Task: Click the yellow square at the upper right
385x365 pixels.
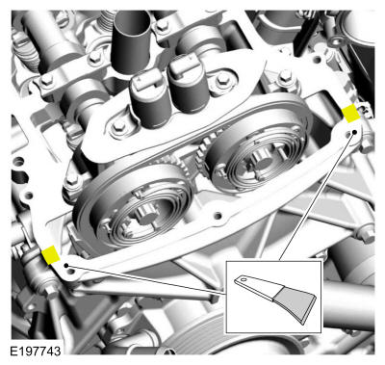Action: click(351, 113)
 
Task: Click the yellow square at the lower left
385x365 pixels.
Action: click(51, 254)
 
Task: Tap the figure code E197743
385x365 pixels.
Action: click(36, 351)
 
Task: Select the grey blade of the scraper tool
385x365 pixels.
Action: click(295, 304)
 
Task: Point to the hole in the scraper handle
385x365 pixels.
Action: click(244, 280)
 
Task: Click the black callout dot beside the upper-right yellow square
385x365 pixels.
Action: click(355, 132)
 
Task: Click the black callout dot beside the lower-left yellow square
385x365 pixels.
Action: click(66, 266)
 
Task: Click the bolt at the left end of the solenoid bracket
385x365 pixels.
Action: click(119, 125)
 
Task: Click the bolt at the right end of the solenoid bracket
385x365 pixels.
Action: click(222, 79)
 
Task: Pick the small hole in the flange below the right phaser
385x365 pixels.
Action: click(218, 215)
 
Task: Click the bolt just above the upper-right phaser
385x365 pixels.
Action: click(285, 76)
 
